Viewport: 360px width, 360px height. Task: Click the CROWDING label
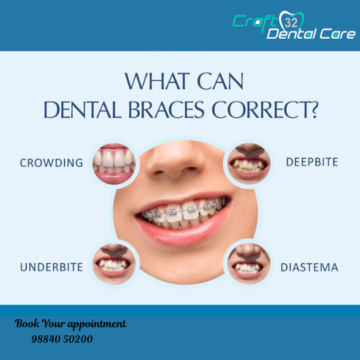[51, 163]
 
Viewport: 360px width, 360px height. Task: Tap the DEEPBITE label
[312, 162]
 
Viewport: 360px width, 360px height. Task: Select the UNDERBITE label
[51, 267]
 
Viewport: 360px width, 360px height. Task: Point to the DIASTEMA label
[309, 267]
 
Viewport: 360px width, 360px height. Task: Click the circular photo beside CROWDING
[114, 164]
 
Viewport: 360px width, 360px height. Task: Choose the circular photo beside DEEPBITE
[249, 163]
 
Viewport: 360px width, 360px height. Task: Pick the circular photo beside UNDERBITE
[114, 264]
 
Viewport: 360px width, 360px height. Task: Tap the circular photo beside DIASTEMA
[249, 263]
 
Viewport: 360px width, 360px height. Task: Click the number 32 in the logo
[291, 23]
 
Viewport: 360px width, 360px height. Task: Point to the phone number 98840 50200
[62, 339]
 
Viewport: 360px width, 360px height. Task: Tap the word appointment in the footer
[97, 325]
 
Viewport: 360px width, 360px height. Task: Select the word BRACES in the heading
[166, 110]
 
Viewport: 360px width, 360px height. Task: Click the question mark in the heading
[313, 110]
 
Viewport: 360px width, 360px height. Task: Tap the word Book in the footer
[27, 324]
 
